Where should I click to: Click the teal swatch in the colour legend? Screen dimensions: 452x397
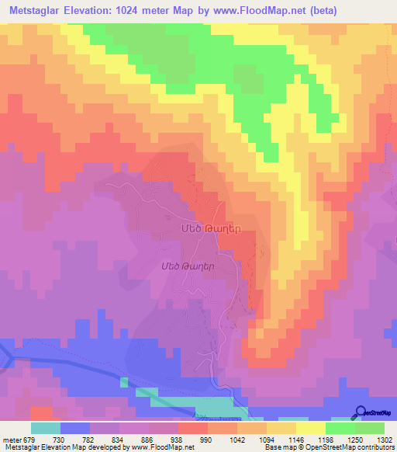(x=46, y=428)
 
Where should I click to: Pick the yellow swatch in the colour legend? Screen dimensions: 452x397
(x=309, y=428)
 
